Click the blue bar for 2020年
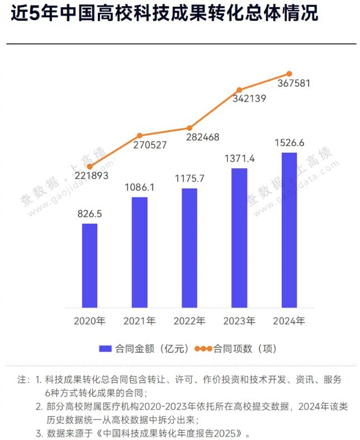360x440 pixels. (x=89, y=266)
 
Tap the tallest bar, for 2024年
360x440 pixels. (x=289, y=230)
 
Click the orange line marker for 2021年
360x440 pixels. (x=140, y=135)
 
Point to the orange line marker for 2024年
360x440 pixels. (x=290, y=74)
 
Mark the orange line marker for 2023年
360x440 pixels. (x=239, y=90)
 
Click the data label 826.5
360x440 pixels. (x=89, y=213)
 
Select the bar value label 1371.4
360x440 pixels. (x=239, y=158)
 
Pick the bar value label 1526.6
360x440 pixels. (x=289, y=143)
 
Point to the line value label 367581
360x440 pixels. (x=293, y=83)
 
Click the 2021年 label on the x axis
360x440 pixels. (x=140, y=321)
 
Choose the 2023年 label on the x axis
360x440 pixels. (x=239, y=321)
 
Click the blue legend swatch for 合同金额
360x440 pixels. (x=106, y=349)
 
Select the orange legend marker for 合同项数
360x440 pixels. (x=203, y=349)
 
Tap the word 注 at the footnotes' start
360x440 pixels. (x=22, y=380)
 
